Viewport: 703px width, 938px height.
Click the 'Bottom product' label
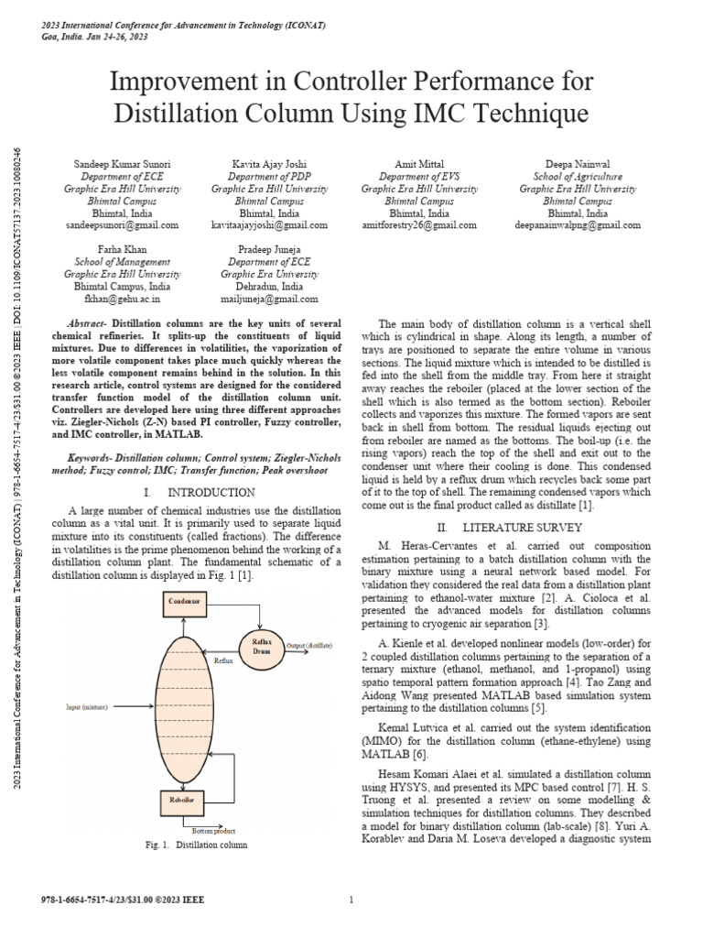214,829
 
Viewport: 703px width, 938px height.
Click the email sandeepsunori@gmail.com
123,224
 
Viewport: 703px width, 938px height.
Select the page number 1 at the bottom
351,902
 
